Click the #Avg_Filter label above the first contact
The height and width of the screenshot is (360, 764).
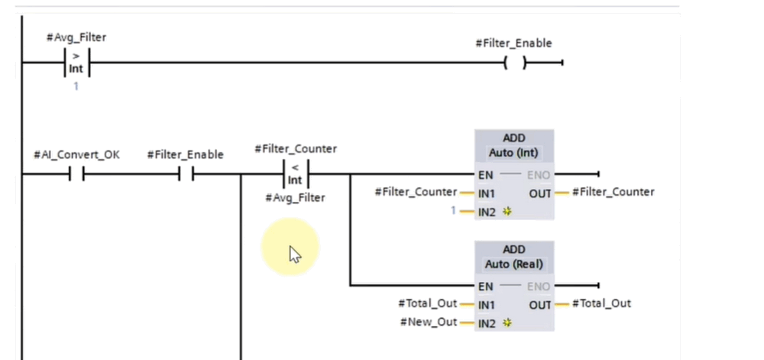(75, 36)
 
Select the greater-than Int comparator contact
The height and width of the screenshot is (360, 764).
(76, 62)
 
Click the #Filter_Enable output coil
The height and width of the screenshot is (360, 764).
(515, 63)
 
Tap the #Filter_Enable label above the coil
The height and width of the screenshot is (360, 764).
(513, 44)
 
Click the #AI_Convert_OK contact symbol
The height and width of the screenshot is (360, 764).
(76, 175)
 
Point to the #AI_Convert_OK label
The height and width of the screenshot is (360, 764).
(76, 154)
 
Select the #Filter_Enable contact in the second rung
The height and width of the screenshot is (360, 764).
(186, 175)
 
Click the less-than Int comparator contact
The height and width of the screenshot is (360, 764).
(295, 174)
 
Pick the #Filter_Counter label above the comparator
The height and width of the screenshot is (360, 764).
(295, 149)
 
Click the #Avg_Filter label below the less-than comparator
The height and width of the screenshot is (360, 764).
(295, 198)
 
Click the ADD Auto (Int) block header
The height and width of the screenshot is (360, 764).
(514, 146)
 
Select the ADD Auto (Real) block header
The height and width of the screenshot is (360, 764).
(514, 258)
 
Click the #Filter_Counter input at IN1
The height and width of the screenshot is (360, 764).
(416, 193)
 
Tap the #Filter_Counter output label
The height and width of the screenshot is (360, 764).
(613, 193)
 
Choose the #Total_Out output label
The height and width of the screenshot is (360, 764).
(601, 303)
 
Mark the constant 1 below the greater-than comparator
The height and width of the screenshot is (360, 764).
(75, 86)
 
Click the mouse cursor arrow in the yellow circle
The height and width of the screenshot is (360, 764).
(294, 254)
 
